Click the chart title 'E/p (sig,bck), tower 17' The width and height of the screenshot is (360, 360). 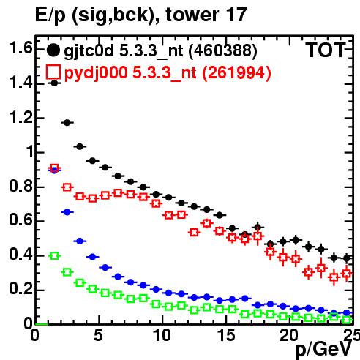[141, 15]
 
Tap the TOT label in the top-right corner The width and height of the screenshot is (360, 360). [326, 50]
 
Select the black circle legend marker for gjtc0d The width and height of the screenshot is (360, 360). [53, 50]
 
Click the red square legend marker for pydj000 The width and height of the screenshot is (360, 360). [53, 72]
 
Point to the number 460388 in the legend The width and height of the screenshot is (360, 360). [223, 50]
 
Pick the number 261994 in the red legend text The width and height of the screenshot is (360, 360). [236, 72]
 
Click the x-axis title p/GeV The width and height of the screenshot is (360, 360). [324, 349]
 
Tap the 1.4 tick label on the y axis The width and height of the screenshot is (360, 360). [20, 83]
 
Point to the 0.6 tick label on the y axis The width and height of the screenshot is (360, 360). [20, 220]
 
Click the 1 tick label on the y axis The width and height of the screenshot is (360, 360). [30, 151]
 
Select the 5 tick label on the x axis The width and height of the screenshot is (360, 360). [98, 335]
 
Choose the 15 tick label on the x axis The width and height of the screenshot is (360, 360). [226, 335]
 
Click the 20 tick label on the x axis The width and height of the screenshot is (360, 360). [289, 335]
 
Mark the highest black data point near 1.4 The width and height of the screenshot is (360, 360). [55, 83]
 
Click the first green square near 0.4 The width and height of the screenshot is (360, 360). [55, 256]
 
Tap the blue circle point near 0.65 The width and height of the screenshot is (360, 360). [67, 212]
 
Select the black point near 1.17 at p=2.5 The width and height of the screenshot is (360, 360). [67, 123]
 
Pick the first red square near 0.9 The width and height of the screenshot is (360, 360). [55, 168]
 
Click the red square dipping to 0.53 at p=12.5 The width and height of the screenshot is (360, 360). [194, 233]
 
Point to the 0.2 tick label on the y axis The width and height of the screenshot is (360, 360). [20, 288]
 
